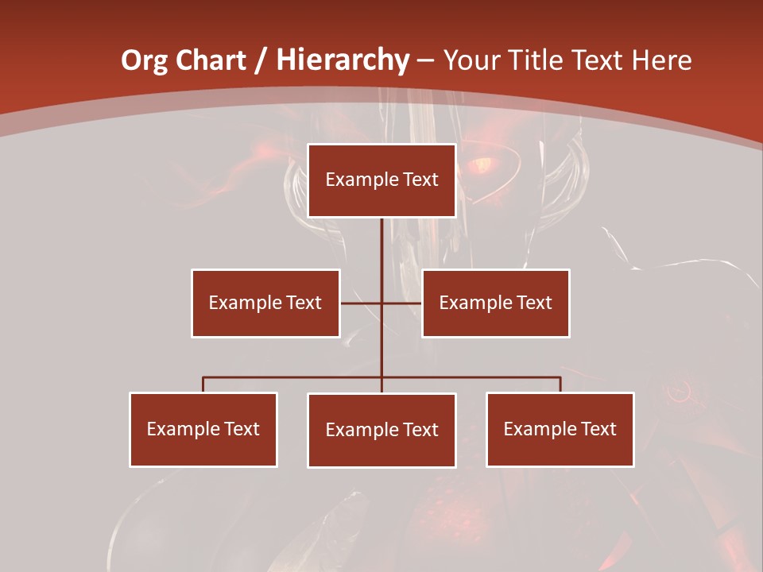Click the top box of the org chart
[381, 180]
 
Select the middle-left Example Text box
[265, 303]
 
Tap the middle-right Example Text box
[495, 303]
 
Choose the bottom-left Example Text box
[203, 429]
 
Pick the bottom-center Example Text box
[381, 430]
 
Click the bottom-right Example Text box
[560, 429]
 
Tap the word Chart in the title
[210, 60]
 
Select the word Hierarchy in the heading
[343, 60]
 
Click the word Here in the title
[661, 60]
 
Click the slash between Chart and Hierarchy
[261, 60]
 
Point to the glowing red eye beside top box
[481, 165]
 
